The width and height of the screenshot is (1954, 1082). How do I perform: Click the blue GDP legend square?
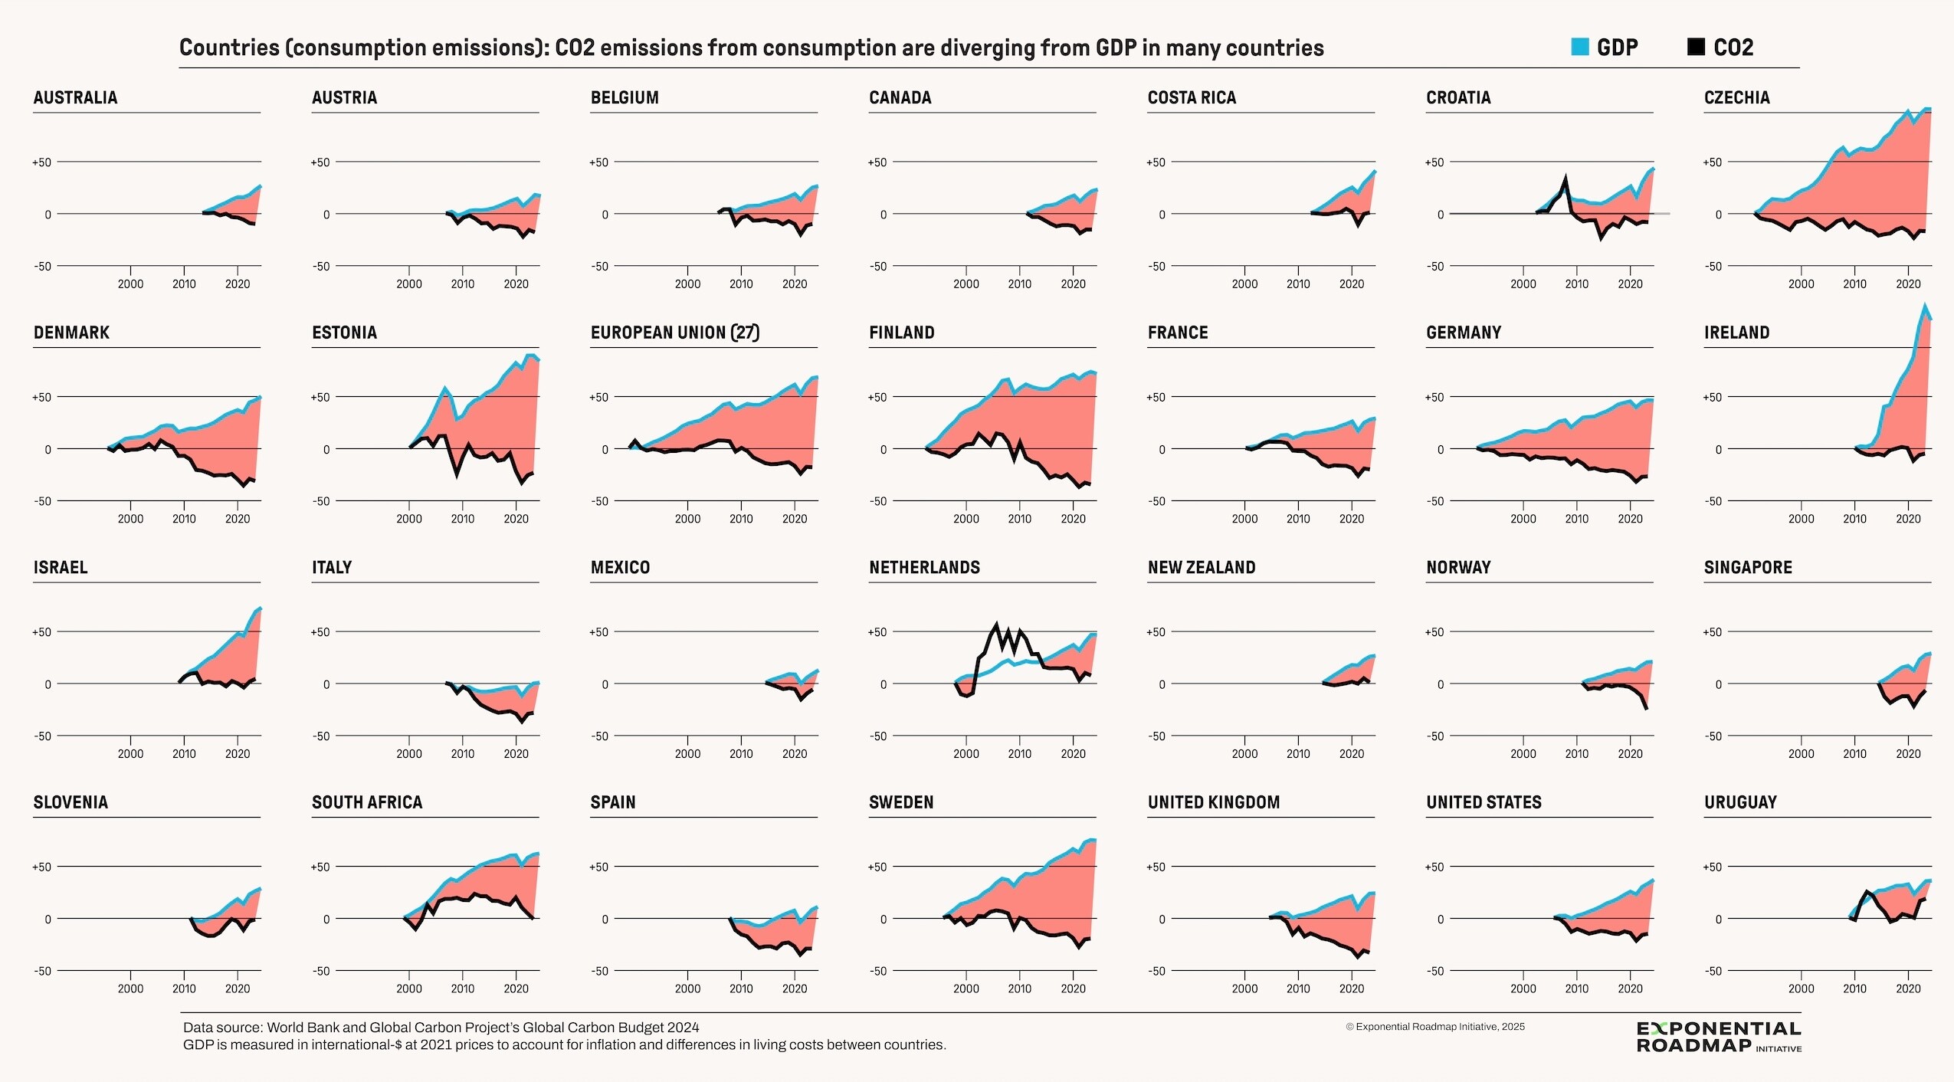tap(1579, 47)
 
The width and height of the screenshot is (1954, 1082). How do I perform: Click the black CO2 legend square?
tap(1696, 47)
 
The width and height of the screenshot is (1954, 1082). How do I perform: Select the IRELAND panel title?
tap(1736, 333)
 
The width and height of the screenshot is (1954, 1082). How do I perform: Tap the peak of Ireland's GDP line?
tap(1924, 306)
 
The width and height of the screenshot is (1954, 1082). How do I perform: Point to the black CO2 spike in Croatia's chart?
tap(1565, 179)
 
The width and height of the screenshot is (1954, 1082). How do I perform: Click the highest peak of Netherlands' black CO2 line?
tap(996, 625)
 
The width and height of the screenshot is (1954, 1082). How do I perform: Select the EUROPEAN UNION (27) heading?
tap(674, 333)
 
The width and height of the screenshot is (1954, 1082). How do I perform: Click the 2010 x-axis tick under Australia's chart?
tap(184, 284)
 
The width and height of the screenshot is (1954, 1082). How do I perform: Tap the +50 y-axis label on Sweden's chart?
tap(877, 867)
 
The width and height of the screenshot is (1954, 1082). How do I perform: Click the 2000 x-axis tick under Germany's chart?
tap(1523, 519)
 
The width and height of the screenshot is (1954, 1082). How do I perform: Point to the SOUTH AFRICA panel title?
tap(367, 802)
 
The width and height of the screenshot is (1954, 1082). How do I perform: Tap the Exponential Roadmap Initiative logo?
tap(1719, 1037)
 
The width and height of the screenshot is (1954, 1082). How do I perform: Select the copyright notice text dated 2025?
tap(1434, 1027)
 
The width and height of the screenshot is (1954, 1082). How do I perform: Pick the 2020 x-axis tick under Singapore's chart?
tap(1907, 753)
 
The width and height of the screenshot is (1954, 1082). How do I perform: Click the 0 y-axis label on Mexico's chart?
tap(605, 684)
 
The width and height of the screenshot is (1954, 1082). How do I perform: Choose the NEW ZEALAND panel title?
tap(1201, 568)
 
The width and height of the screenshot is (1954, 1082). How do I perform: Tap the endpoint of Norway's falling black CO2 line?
tap(1646, 708)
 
